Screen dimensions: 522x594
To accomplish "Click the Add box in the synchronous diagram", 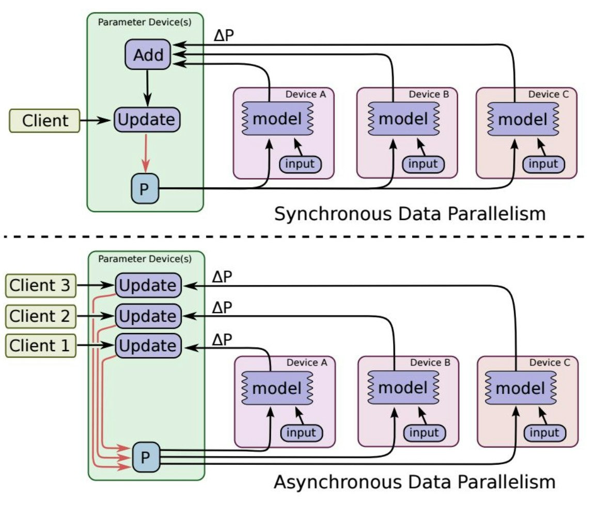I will pyautogui.click(x=148, y=54).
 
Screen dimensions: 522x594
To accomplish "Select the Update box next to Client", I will pyautogui.click(x=147, y=120).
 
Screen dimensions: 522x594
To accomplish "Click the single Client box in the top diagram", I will pyautogui.click(x=45, y=121).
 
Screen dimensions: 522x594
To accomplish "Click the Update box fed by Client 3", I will pyautogui.click(x=148, y=286).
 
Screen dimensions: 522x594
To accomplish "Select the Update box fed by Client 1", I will pyautogui.click(x=148, y=345).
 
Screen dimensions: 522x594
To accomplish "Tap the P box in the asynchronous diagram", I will pyautogui.click(x=146, y=457).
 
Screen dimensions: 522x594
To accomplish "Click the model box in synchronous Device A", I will pyautogui.click(x=277, y=119).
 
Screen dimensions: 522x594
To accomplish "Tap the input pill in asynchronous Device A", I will pyautogui.click(x=302, y=433).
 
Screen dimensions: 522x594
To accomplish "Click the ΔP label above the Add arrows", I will pyautogui.click(x=224, y=36).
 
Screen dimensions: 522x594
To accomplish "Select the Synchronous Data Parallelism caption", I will pyautogui.click(x=410, y=213).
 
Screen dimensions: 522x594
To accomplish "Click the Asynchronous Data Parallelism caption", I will pyautogui.click(x=414, y=482).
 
